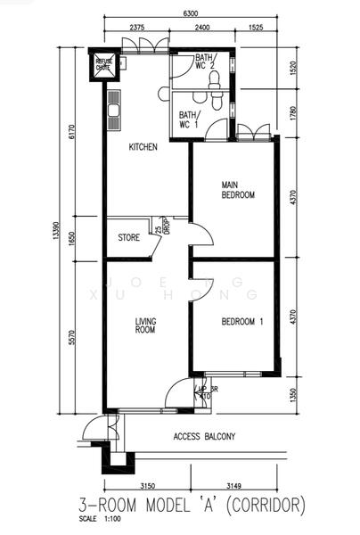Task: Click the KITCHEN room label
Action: [x=143, y=147]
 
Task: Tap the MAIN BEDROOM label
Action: [x=238, y=190]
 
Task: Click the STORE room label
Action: [x=129, y=238]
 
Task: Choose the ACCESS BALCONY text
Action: [x=204, y=436]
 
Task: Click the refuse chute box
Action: [x=104, y=64]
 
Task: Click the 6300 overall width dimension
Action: [x=190, y=13]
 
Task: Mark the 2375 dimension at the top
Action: [x=136, y=28]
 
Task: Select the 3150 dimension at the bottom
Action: [x=149, y=486]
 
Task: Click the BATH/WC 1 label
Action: [x=189, y=119]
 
